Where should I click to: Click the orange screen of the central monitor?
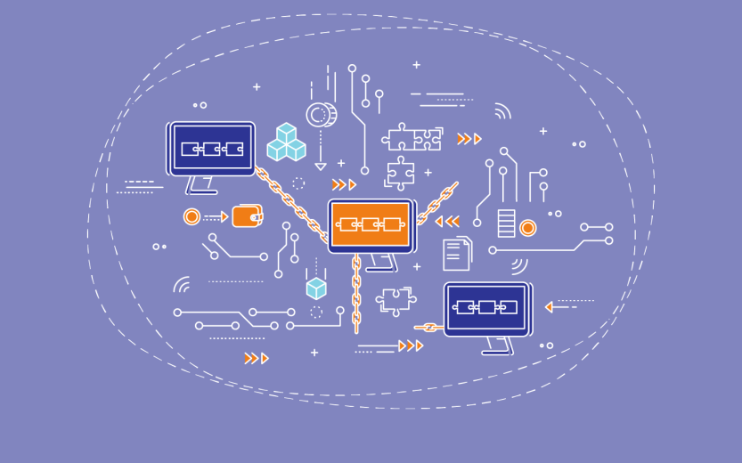pyautogui.click(x=370, y=224)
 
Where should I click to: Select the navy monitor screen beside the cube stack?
pyautogui.click(x=212, y=149)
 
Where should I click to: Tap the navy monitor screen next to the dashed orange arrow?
pyautogui.click(x=485, y=308)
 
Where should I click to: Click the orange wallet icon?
pyautogui.click(x=247, y=216)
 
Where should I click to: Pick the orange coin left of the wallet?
pyautogui.click(x=192, y=216)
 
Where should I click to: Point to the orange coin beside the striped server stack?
pyautogui.click(x=528, y=228)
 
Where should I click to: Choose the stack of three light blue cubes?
pyautogui.click(x=286, y=143)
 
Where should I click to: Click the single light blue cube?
pyautogui.click(x=316, y=288)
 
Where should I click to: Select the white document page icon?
pyautogui.click(x=456, y=254)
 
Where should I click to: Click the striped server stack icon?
pyautogui.click(x=507, y=223)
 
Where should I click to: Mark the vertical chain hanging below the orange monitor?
pyautogui.click(x=356, y=292)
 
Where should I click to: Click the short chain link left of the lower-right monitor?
pyautogui.click(x=429, y=328)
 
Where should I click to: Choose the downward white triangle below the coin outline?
pyautogui.click(x=321, y=166)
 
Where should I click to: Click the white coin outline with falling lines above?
pyautogui.click(x=319, y=115)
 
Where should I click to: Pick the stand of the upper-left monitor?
pyautogui.click(x=200, y=185)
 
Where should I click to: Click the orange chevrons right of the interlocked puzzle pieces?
pyautogui.click(x=469, y=139)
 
